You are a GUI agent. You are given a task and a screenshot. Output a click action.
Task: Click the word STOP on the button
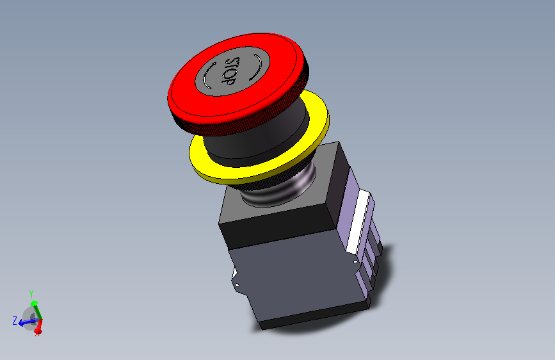pos(232,71)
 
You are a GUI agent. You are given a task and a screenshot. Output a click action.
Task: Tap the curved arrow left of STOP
pos(208,76)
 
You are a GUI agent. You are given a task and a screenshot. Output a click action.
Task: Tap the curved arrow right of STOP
pos(257,67)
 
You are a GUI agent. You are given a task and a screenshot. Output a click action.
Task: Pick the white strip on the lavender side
pos(358,222)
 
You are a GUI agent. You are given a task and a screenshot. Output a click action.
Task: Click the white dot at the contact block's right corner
pos(355,262)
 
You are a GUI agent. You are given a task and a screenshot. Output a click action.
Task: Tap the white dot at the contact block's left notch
pos(237,285)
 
